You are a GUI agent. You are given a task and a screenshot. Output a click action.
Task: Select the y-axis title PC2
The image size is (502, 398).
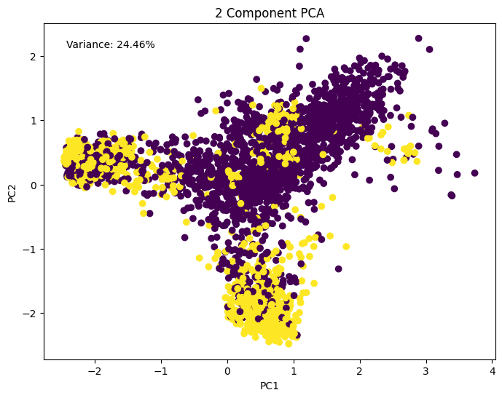pos(12,192)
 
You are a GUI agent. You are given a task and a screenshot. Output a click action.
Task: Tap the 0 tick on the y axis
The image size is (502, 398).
pos(34,185)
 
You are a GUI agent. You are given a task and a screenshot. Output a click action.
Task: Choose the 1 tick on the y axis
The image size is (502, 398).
pos(34,121)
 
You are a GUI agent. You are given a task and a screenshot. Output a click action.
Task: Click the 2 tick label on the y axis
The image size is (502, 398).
pos(34,56)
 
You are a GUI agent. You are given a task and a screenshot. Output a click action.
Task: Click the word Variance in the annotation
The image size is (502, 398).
pos(90,45)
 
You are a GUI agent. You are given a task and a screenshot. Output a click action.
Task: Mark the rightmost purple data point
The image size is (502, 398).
pos(474,173)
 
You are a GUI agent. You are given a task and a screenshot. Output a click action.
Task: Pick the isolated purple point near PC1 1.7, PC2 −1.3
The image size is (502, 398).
pos(339,268)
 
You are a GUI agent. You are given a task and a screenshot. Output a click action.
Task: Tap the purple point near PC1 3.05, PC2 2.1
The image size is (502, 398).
pos(430,49)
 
